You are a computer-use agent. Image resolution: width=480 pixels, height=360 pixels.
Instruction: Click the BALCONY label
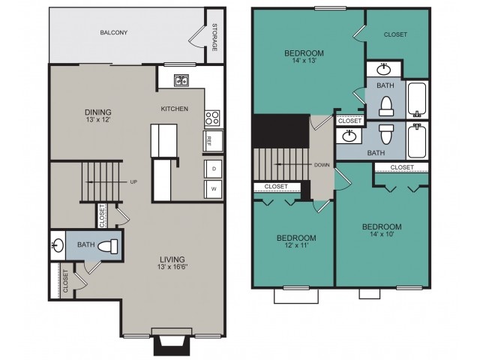point(113,32)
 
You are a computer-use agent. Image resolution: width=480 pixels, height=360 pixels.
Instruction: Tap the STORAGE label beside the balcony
point(214,37)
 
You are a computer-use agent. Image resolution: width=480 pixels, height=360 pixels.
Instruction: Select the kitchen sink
point(181,81)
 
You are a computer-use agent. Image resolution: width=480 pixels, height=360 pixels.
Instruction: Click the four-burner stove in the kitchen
point(212,118)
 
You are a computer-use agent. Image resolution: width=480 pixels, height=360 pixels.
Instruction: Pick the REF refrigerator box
point(213,141)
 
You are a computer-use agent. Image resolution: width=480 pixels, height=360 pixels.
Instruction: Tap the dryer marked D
point(213,169)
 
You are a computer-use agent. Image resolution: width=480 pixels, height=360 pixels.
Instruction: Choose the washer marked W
point(213,189)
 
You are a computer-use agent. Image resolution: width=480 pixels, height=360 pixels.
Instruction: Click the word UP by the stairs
point(133,181)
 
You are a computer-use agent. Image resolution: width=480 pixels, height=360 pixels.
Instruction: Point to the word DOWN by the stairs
point(322,165)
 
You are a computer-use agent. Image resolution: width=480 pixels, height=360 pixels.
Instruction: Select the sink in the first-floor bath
point(58,245)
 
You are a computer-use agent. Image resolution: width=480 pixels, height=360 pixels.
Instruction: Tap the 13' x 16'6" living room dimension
point(172,267)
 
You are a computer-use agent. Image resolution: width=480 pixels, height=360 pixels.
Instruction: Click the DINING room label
point(98,112)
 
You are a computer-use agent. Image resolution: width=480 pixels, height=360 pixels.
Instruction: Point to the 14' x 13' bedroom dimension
point(304,61)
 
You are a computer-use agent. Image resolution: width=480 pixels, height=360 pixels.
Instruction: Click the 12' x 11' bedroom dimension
point(296,245)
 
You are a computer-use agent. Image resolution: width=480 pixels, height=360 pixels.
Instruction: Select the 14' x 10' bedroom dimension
point(382,235)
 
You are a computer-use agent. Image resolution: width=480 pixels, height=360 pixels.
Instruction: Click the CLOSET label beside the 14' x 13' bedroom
point(395,34)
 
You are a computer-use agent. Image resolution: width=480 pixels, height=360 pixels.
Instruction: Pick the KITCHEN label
point(175,109)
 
